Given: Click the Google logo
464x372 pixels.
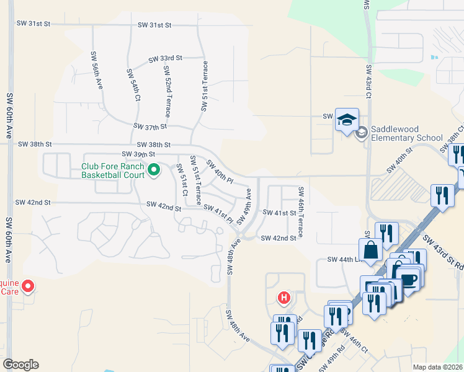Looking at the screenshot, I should pos(20,365).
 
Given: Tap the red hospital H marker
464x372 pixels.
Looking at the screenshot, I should pos(284,298).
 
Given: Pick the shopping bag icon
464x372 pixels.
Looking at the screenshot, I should pos(370,250).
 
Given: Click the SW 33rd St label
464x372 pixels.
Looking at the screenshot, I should pos(165,58).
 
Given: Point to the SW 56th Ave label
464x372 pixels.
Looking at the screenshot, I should pos(97,70).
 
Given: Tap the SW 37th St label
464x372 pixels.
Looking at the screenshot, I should pos(150,126).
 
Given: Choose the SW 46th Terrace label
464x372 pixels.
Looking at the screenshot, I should pos(300,212).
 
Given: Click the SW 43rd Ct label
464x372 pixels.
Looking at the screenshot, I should pos(368,82).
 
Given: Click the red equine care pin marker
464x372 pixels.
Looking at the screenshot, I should pos(28,286).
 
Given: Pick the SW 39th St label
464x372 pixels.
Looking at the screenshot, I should pos(138,154).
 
